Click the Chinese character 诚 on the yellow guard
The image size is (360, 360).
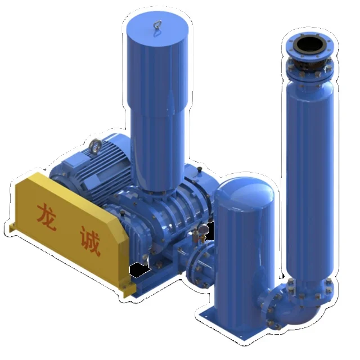pos(91,243)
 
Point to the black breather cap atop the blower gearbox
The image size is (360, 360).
pos(198,168)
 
